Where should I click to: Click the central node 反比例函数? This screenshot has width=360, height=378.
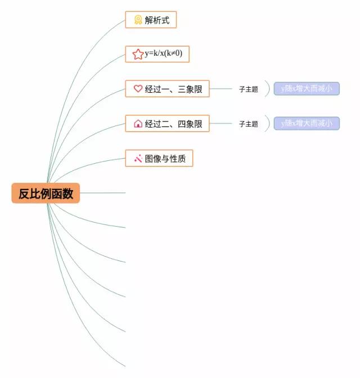pyautogui.click(x=46, y=193)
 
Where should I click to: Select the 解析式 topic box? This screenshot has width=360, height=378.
pyautogui.click(x=150, y=20)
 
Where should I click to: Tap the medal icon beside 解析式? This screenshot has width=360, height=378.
pyautogui.click(x=138, y=20)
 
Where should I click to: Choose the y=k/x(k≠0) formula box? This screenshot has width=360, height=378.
pyautogui.click(x=157, y=54)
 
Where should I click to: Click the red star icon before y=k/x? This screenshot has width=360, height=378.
pyautogui.click(x=138, y=54)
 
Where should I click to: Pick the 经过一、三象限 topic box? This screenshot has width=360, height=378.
pyautogui.click(x=167, y=88)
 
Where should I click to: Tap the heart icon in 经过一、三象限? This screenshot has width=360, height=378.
pyautogui.click(x=138, y=88)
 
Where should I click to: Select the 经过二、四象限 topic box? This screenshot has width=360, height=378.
pyautogui.click(x=167, y=123)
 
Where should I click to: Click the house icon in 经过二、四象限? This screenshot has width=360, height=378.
pyautogui.click(x=138, y=124)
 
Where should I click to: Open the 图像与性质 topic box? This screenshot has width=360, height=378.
pyautogui.click(x=159, y=158)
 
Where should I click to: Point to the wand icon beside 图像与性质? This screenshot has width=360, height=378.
pyautogui.click(x=138, y=158)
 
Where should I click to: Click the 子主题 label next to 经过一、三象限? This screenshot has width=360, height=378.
pyautogui.click(x=248, y=89)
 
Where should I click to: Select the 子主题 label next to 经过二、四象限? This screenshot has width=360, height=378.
pyautogui.click(x=248, y=124)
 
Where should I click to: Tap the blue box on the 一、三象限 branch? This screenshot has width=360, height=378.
pyautogui.click(x=307, y=88)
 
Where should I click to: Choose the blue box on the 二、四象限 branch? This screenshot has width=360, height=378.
pyautogui.click(x=307, y=123)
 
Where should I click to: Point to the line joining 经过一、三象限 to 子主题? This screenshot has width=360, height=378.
pyautogui.click(x=220, y=88)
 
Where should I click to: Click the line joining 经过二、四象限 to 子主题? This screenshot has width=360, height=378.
pyautogui.click(x=220, y=123)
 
